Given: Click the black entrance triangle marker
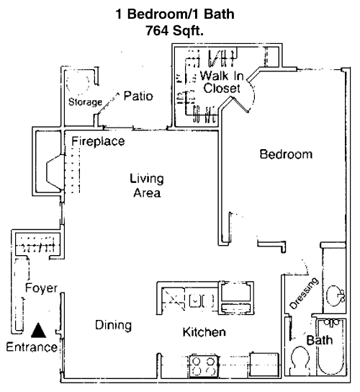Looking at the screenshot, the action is tap(38, 331).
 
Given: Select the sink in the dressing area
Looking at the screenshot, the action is tap(335, 295).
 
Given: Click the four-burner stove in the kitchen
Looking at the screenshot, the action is tap(204, 365).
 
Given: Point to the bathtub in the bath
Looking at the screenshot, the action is tap(330, 347).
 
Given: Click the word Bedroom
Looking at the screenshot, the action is tap(286, 154).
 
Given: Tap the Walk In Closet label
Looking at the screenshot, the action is tap(222, 82).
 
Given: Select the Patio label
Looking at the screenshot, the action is tap(138, 96).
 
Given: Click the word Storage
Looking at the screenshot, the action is tap(85, 102).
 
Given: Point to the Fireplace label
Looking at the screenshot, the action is tap(98, 141).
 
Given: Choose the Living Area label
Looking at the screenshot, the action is tap(147, 186).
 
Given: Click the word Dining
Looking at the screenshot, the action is tap(114, 325).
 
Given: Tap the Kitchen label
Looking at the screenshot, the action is tap(204, 332).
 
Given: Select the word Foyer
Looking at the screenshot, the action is tap(41, 288).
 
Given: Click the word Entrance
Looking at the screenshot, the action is tap(32, 347).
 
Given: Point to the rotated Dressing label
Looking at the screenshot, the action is tap(304, 293).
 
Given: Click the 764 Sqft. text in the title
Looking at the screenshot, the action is tap(175, 31).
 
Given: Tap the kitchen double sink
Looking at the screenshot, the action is tap(202, 300).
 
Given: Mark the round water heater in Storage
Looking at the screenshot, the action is tap(78, 82).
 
